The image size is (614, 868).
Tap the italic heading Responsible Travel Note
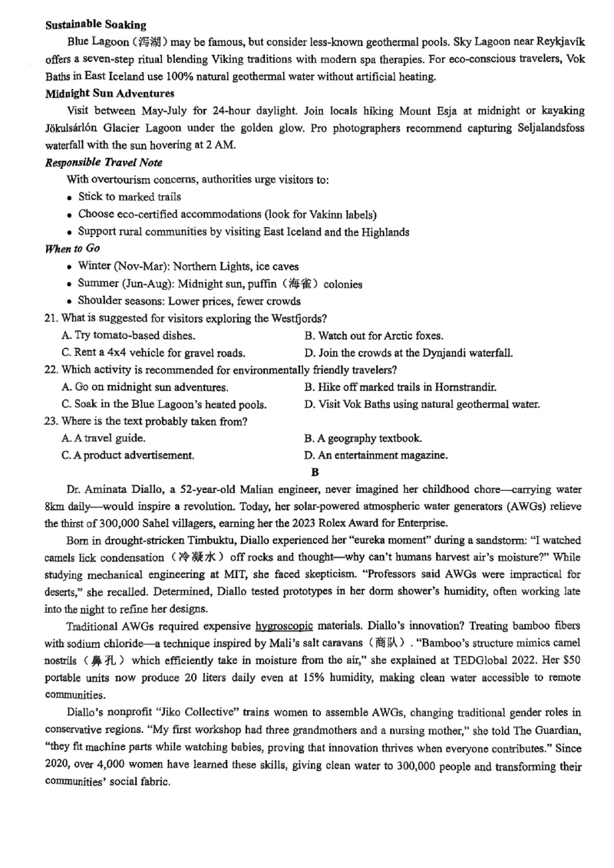(x=104, y=162)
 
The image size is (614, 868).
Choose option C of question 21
(x=153, y=353)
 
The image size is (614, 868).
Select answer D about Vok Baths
(x=421, y=404)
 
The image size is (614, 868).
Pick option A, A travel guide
(x=104, y=439)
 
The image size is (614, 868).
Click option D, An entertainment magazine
(x=375, y=455)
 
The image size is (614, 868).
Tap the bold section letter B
(x=314, y=472)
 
